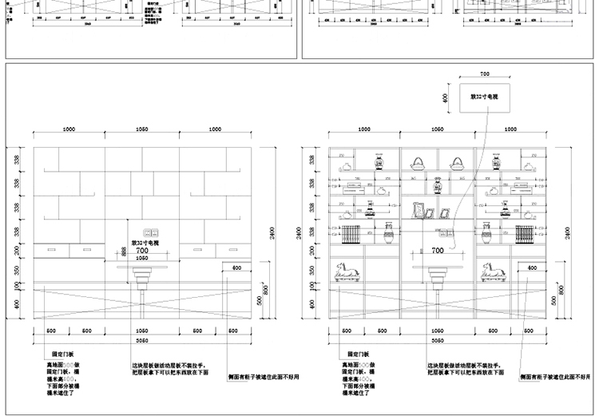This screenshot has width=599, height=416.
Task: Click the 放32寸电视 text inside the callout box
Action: [x=483, y=97]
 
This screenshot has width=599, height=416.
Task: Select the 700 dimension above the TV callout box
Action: [x=484, y=73]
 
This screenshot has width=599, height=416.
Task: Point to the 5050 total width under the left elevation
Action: [x=141, y=339]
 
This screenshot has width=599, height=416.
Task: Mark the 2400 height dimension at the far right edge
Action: [x=568, y=232]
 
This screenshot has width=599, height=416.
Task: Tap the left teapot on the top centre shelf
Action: [x=419, y=162]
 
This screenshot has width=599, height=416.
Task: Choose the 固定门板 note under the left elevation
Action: [x=61, y=353]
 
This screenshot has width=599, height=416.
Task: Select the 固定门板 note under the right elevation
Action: [x=357, y=353]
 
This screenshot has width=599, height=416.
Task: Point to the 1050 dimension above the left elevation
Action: [x=141, y=129]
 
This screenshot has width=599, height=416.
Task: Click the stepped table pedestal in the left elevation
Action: [x=142, y=280]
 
